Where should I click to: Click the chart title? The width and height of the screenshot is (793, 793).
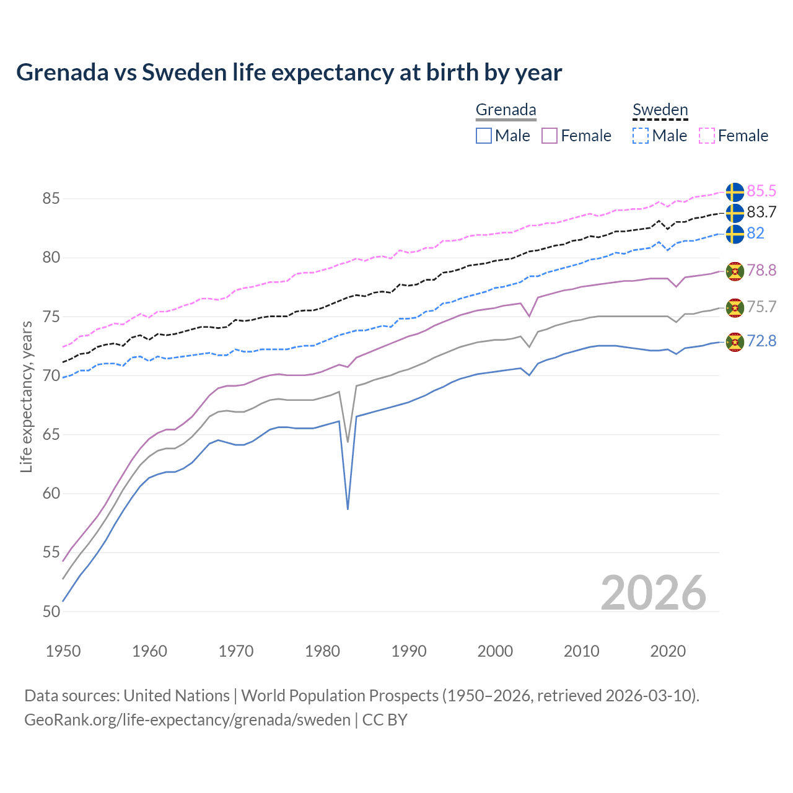click(x=289, y=72)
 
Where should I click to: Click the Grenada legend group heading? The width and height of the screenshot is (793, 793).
click(x=506, y=110)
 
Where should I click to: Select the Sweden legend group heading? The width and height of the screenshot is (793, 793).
click(x=660, y=110)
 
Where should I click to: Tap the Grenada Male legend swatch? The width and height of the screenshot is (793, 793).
click(x=484, y=136)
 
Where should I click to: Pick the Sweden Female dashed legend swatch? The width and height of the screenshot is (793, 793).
click(x=707, y=136)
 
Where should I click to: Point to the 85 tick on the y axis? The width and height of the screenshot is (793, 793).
click(x=51, y=199)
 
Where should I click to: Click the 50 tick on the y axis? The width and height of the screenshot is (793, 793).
click(x=51, y=611)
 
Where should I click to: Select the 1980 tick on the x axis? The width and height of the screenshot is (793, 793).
click(x=323, y=651)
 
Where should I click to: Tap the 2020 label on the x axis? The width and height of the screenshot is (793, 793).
click(x=668, y=651)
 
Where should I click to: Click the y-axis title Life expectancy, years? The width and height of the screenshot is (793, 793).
click(x=26, y=396)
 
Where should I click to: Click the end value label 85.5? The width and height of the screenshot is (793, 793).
click(x=761, y=191)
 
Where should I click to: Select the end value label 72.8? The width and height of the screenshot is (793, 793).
click(x=761, y=341)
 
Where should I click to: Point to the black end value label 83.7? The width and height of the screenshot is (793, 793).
click(x=761, y=212)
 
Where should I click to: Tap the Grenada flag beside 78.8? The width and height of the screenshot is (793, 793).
click(x=734, y=271)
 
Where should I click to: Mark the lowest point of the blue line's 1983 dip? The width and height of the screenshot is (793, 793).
click(x=348, y=509)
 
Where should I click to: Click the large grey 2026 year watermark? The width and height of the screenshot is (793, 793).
click(x=653, y=593)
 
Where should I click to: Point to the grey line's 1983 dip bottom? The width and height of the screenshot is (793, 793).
click(x=348, y=442)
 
